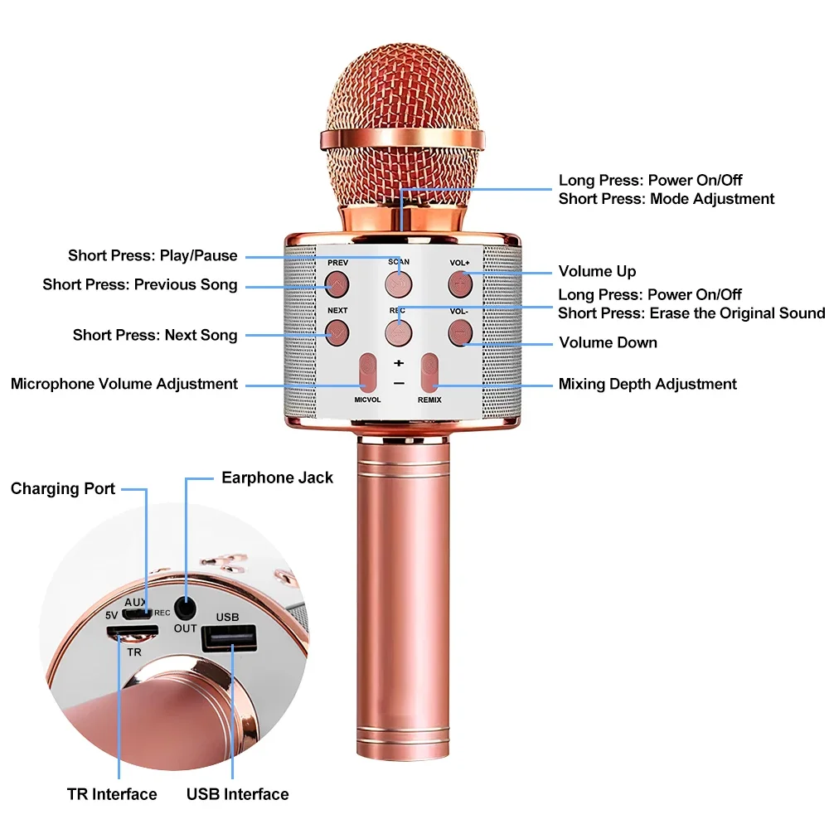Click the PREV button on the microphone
tap(337, 284)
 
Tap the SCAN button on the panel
tap(398, 284)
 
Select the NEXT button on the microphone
tap(337, 333)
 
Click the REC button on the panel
tap(398, 333)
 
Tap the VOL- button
tap(459, 333)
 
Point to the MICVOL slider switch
tap(368, 373)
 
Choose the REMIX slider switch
tap(429, 373)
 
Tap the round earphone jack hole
tap(185, 607)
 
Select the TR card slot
tap(133, 633)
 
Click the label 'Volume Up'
tap(597, 271)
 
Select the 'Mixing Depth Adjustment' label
tap(647, 384)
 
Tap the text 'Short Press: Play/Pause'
tap(153, 255)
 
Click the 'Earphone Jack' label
tap(277, 478)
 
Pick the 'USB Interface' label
tap(237, 794)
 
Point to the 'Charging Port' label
tap(63, 488)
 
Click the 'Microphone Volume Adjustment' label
tap(124, 384)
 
